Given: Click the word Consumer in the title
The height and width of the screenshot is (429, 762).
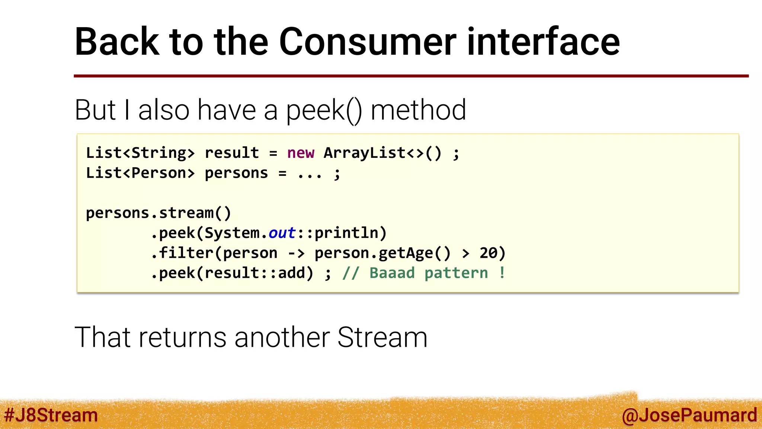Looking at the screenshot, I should click(x=368, y=42).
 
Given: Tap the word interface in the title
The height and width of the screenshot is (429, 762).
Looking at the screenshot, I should click(x=543, y=42).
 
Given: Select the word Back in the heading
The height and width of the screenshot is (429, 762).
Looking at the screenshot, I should click(x=117, y=42).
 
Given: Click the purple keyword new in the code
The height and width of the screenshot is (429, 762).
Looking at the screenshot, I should click(x=301, y=153).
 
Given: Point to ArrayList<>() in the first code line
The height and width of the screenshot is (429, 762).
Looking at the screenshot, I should click(x=382, y=153).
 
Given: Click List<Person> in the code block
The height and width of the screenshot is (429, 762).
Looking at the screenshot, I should click(x=140, y=173).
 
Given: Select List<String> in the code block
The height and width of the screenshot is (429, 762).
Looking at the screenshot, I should click(x=140, y=153).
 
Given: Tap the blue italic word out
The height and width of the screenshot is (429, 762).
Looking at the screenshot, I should click(x=282, y=233).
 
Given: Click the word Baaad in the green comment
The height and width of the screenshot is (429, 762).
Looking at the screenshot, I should click(x=392, y=273).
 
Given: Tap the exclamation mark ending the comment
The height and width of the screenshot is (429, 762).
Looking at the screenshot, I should click(x=502, y=273).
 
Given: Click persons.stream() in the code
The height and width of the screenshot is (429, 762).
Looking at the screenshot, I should click(x=159, y=213).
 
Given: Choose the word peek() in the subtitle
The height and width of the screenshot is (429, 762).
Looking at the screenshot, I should click(x=324, y=110).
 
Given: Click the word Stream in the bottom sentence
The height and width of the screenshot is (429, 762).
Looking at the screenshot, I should click(x=382, y=337).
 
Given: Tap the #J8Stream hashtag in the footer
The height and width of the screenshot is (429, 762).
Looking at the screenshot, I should click(x=51, y=415).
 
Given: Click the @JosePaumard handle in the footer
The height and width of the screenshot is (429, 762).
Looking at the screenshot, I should click(x=689, y=415).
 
